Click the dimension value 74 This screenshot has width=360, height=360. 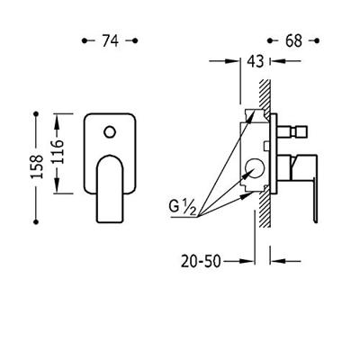pos(111,40)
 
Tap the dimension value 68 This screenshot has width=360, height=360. pos(293,40)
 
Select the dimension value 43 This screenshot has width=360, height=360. pos(256,61)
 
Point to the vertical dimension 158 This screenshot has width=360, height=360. pos(38,166)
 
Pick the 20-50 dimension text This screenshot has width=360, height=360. pos(201,261)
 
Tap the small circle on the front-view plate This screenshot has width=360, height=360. pos(110,132)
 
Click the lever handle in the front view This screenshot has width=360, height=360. pos(110,189)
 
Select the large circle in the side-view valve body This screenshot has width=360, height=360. pos(255,168)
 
